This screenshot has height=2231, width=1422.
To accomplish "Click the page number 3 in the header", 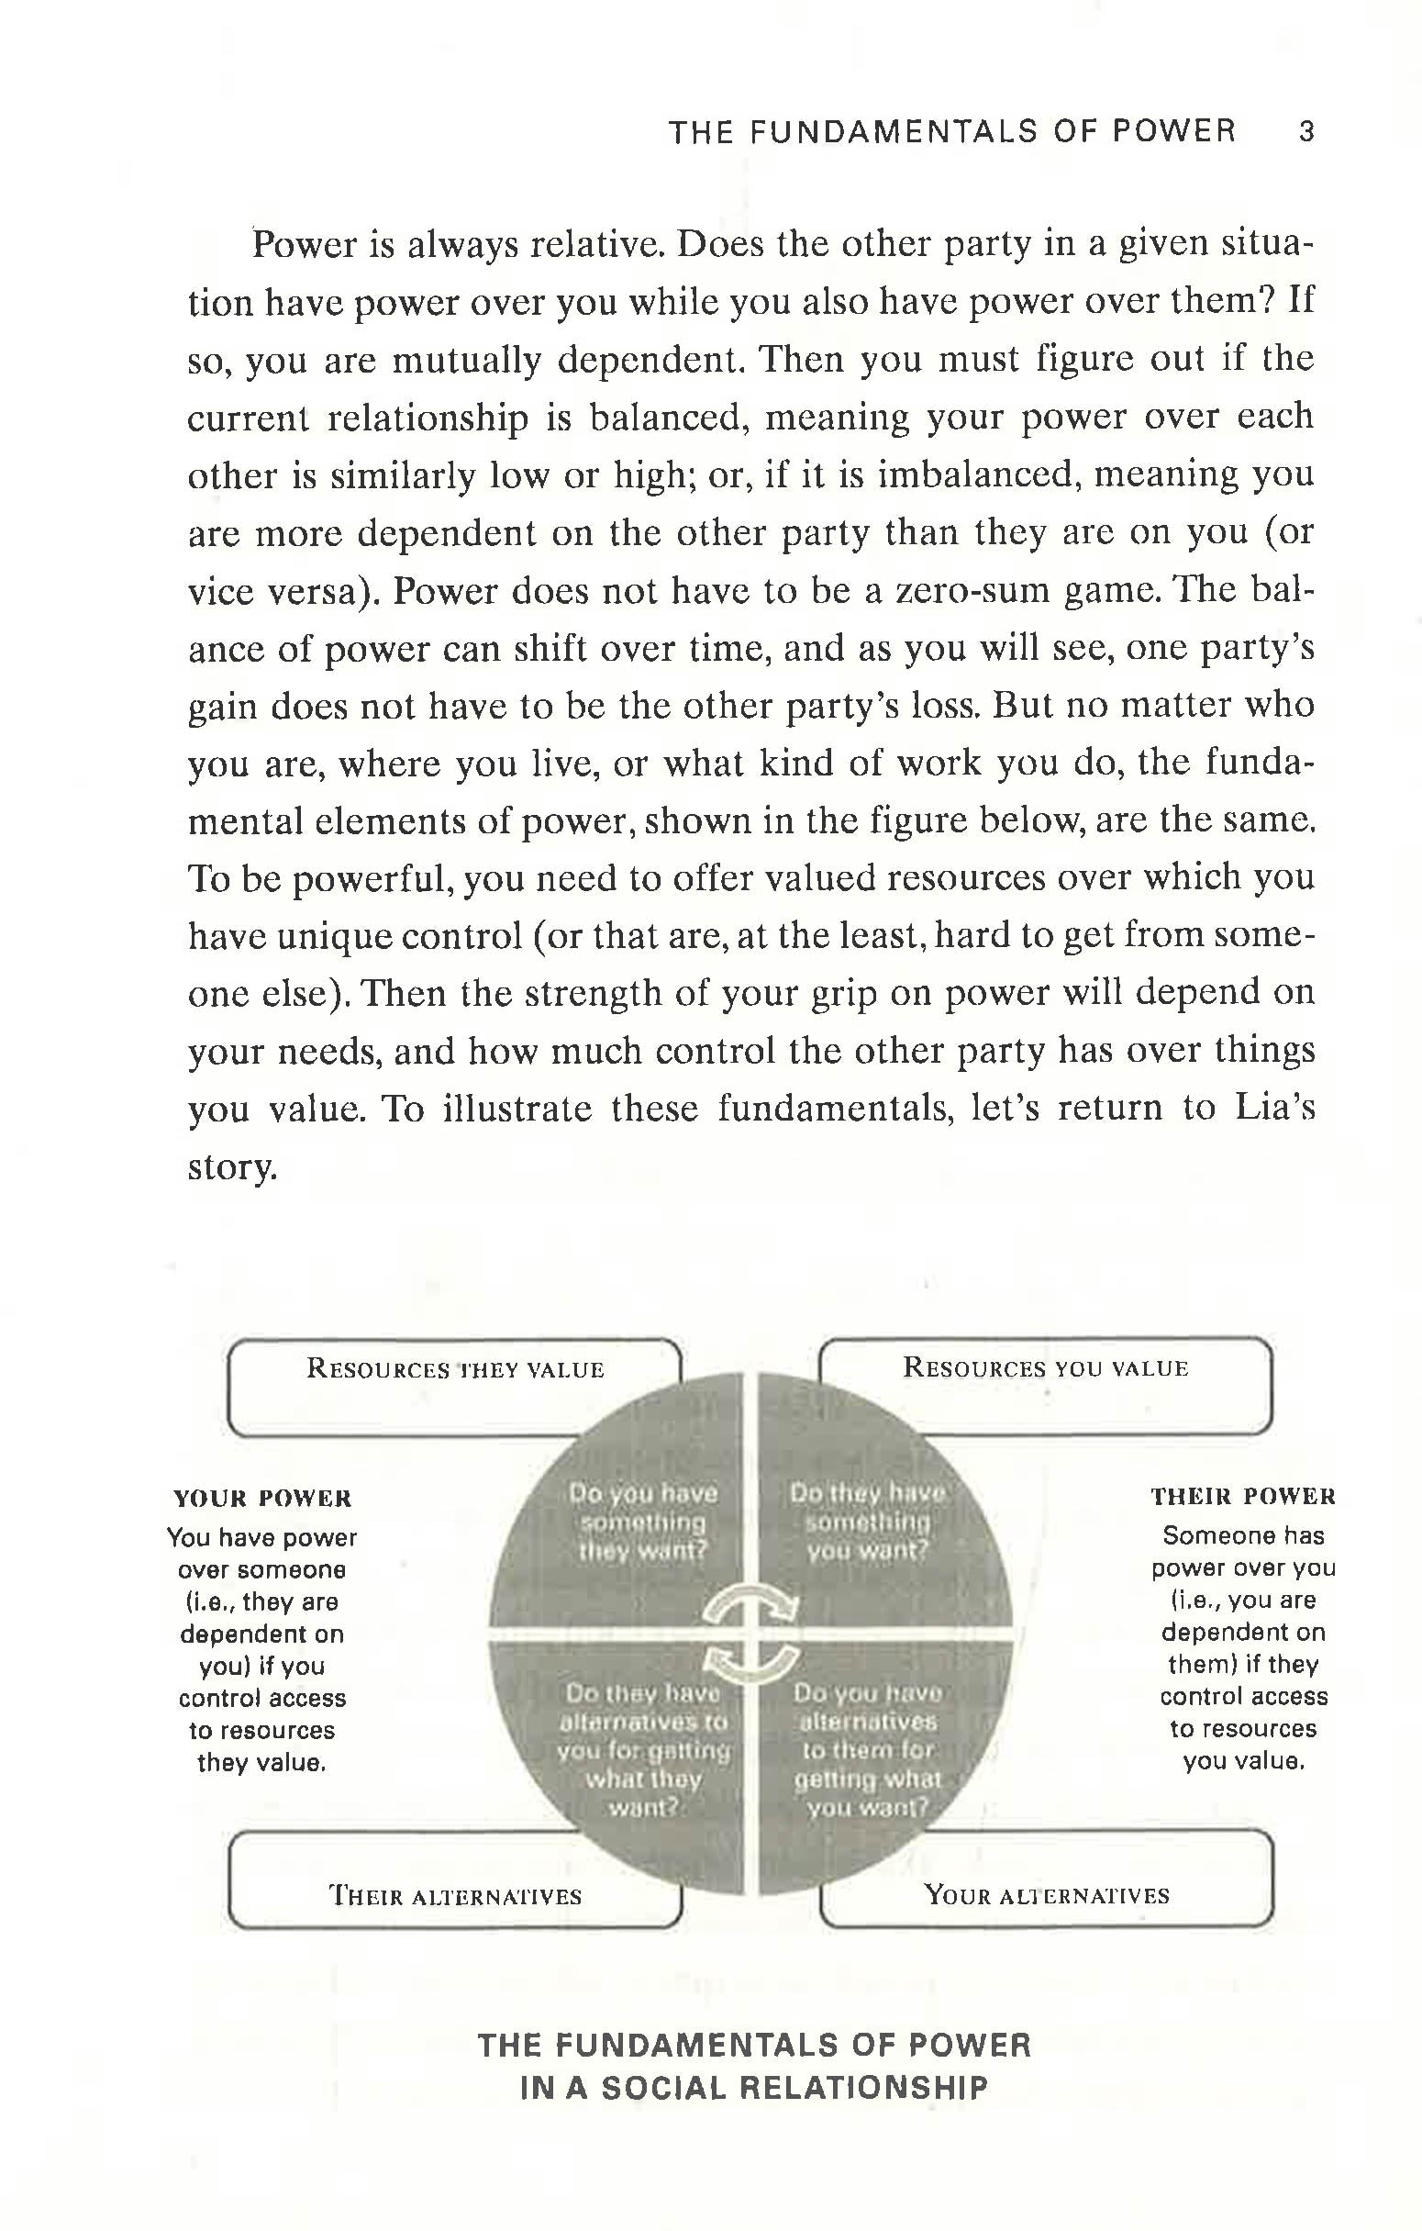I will (1305, 131).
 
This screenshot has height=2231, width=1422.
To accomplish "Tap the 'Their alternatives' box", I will (455, 1896).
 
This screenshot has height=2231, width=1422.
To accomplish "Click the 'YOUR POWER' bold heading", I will (263, 1498).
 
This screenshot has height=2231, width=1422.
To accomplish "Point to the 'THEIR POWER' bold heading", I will (1243, 1496).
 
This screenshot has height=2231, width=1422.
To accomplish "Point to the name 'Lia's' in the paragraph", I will (1275, 1108).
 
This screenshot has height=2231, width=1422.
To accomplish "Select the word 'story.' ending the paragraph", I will (232, 1167).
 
